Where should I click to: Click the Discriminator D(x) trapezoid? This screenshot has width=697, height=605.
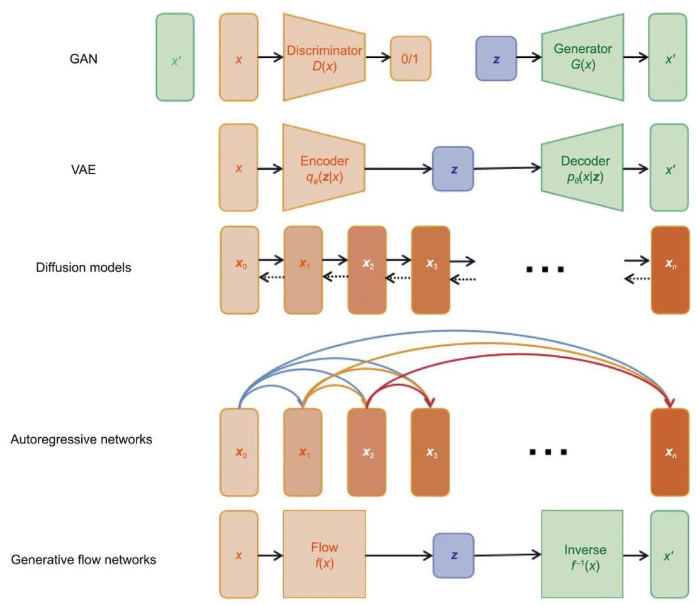point(324,57)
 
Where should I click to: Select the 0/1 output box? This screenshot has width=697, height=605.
point(410,58)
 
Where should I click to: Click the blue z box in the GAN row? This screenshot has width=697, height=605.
point(496,58)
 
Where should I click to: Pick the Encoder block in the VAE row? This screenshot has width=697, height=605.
point(324,167)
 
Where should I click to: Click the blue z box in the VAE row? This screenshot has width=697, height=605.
point(452,168)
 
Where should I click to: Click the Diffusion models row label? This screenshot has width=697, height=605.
point(84,267)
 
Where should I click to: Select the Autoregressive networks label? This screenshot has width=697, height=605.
point(81,440)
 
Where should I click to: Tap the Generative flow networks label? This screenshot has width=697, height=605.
point(83,559)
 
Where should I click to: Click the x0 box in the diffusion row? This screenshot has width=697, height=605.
point(240,270)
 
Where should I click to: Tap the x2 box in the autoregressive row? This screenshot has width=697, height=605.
point(367,452)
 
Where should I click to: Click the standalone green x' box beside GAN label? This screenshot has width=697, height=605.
point(175,57)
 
